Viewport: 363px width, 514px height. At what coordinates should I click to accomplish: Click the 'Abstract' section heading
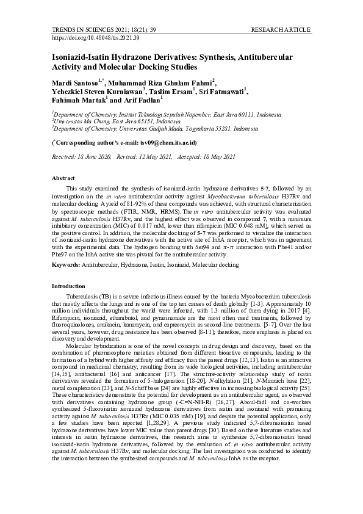pos(63,178)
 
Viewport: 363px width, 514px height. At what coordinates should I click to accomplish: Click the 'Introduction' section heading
pos(69,286)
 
